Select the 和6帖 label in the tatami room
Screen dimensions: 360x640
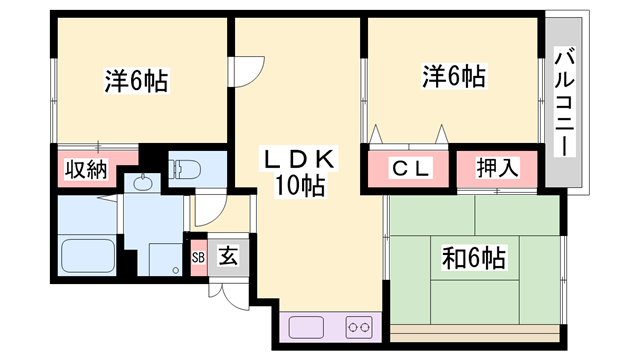coord(473,259)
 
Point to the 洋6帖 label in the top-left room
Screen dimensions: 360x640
coord(135,79)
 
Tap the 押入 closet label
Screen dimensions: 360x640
coord(497,169)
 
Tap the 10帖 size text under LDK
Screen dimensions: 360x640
coord(300,186)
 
